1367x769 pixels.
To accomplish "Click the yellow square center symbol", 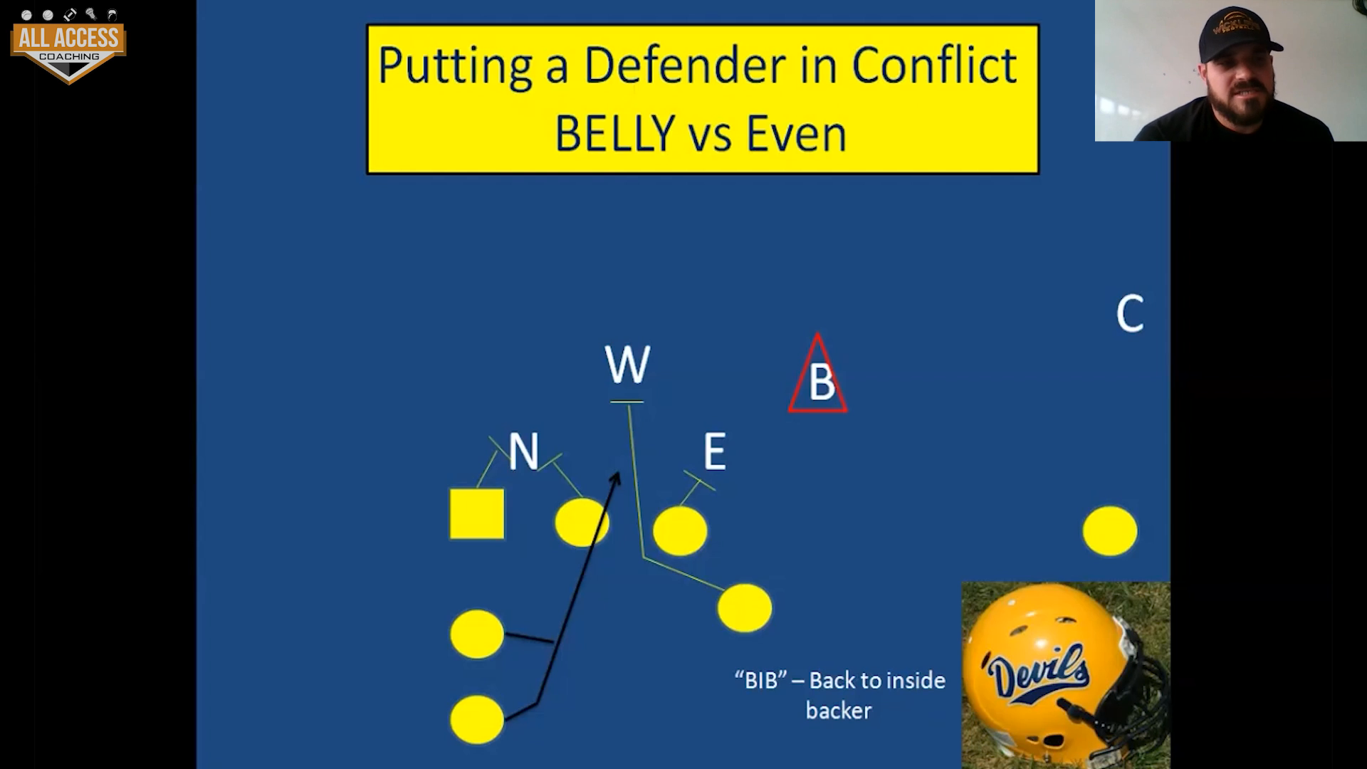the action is click(477, 513).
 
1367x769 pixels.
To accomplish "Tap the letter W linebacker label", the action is click(627, 365).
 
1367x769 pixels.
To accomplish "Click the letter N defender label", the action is click(523, 451).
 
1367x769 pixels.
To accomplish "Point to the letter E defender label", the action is click(715, 451).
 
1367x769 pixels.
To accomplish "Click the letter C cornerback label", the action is click(1130, 313).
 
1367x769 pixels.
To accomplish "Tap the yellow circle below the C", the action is click(1110, 530).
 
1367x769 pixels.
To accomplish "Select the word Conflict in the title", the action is click(934, 66).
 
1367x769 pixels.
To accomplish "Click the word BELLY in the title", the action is click(615, 133).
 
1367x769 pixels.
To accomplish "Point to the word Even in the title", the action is click(796, 133).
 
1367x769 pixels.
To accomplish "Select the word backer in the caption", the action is click(839, 711).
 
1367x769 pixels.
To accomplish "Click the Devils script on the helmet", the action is click(1038, 673).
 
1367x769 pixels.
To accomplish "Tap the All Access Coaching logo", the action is click(68, 46).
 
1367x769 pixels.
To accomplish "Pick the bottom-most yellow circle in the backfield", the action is click(477, 719).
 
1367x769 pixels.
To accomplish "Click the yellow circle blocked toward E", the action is click(680, 530).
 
